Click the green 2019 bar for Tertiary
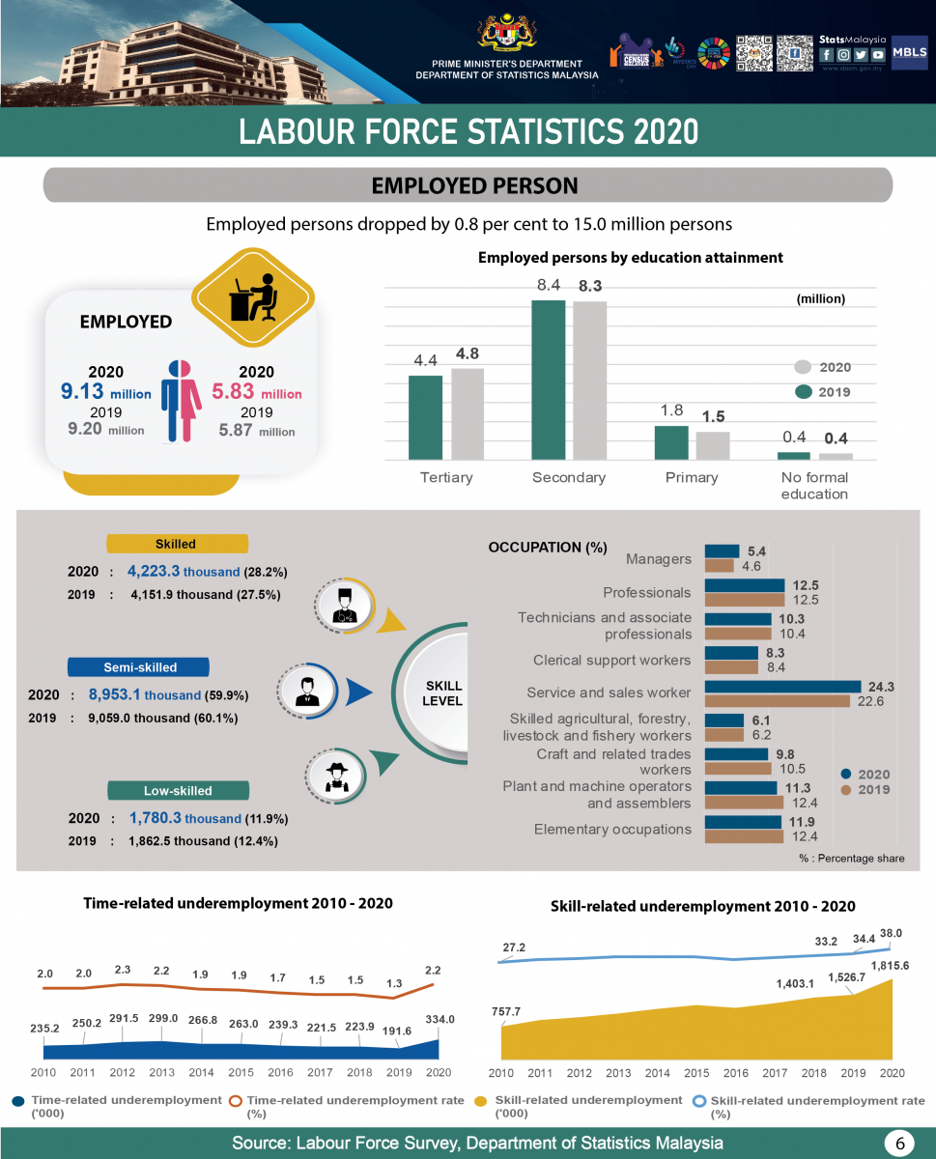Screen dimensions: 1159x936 coord(425,417)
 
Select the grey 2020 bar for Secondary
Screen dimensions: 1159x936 coord(589,381)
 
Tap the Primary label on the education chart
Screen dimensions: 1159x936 coord(692,477)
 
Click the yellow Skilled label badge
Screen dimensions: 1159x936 coord(177,544)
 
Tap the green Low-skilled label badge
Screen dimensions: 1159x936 coord(178,790)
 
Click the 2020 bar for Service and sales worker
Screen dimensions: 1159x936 coord(782,687)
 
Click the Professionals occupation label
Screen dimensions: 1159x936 coord(646,592)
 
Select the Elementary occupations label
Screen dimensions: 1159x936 coord(612,830)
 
